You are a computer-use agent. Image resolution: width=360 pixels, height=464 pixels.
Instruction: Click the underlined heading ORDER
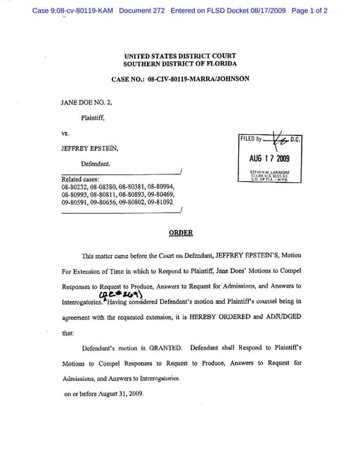click(181, 233)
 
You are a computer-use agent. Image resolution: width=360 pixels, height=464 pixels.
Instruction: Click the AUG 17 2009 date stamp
click(269, 157)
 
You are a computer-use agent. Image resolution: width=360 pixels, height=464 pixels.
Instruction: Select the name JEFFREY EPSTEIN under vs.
click(88, 149)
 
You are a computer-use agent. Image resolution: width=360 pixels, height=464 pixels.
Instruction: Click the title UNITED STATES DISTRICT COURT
click(180, 56)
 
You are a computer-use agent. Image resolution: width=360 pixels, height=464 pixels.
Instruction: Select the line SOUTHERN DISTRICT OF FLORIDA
click(180, 64)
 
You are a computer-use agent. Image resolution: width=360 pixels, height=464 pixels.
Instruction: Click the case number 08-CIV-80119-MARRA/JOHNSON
click(198, 79)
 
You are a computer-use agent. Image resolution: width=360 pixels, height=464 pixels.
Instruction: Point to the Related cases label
click(80, 179)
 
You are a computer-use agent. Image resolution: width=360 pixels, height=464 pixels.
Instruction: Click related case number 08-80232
click(74, 187)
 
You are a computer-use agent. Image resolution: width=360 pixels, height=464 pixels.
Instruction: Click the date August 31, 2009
click(119, 394)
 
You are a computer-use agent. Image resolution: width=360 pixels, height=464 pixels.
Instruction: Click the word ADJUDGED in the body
click(281, 317)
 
